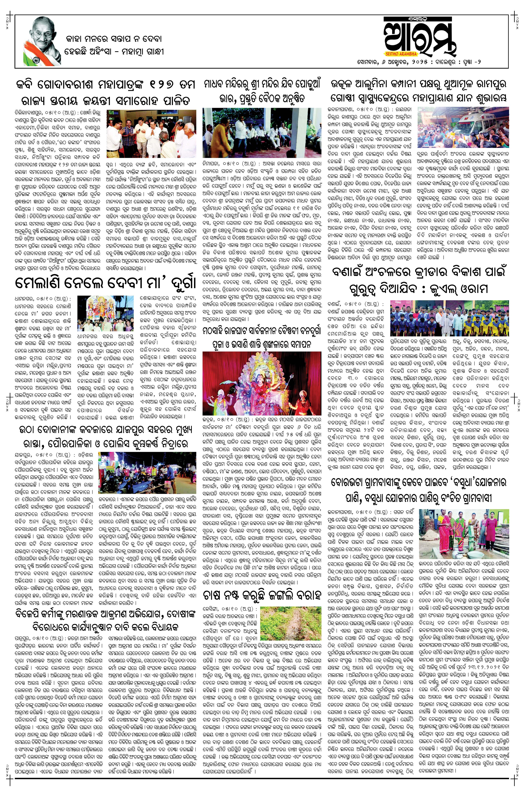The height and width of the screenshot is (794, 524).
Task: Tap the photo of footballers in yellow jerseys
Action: (x=449, y=318)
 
